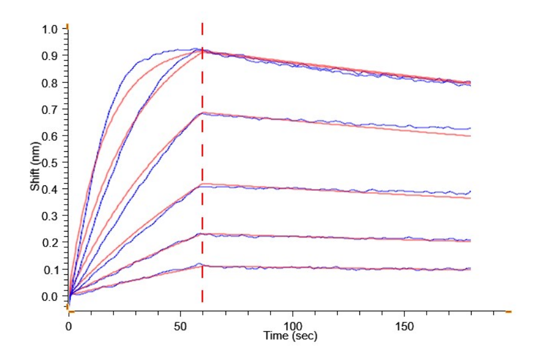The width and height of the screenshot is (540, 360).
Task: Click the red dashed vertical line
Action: (x=202, y=180)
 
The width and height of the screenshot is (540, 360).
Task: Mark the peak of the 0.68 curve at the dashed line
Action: (x=203, y=113)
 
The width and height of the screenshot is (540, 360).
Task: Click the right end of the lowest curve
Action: (x=470, y=269)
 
